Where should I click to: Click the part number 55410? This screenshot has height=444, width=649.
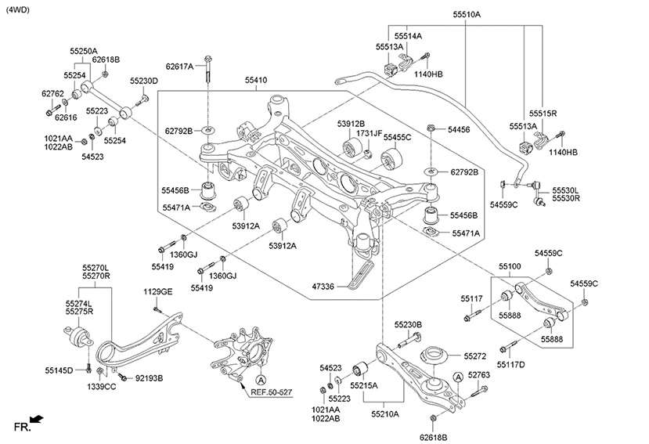tap(255, 80)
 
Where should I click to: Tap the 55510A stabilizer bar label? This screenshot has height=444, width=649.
tap(467, 15)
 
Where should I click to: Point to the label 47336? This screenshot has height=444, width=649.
tap(323, 287)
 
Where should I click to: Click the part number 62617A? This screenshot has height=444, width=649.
tap(179, 67)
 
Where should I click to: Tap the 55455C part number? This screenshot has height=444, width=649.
tap(397, 138)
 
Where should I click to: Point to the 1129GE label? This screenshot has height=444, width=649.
tap(157, 291)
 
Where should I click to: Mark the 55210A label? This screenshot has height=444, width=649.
tap(385, 414)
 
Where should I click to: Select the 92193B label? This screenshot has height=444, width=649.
tap(149, 378)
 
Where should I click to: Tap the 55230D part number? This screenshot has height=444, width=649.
tap(144, 81)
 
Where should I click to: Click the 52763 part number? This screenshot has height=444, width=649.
tap(479, 376)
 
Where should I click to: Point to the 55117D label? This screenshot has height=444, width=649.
tap(510, 364)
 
